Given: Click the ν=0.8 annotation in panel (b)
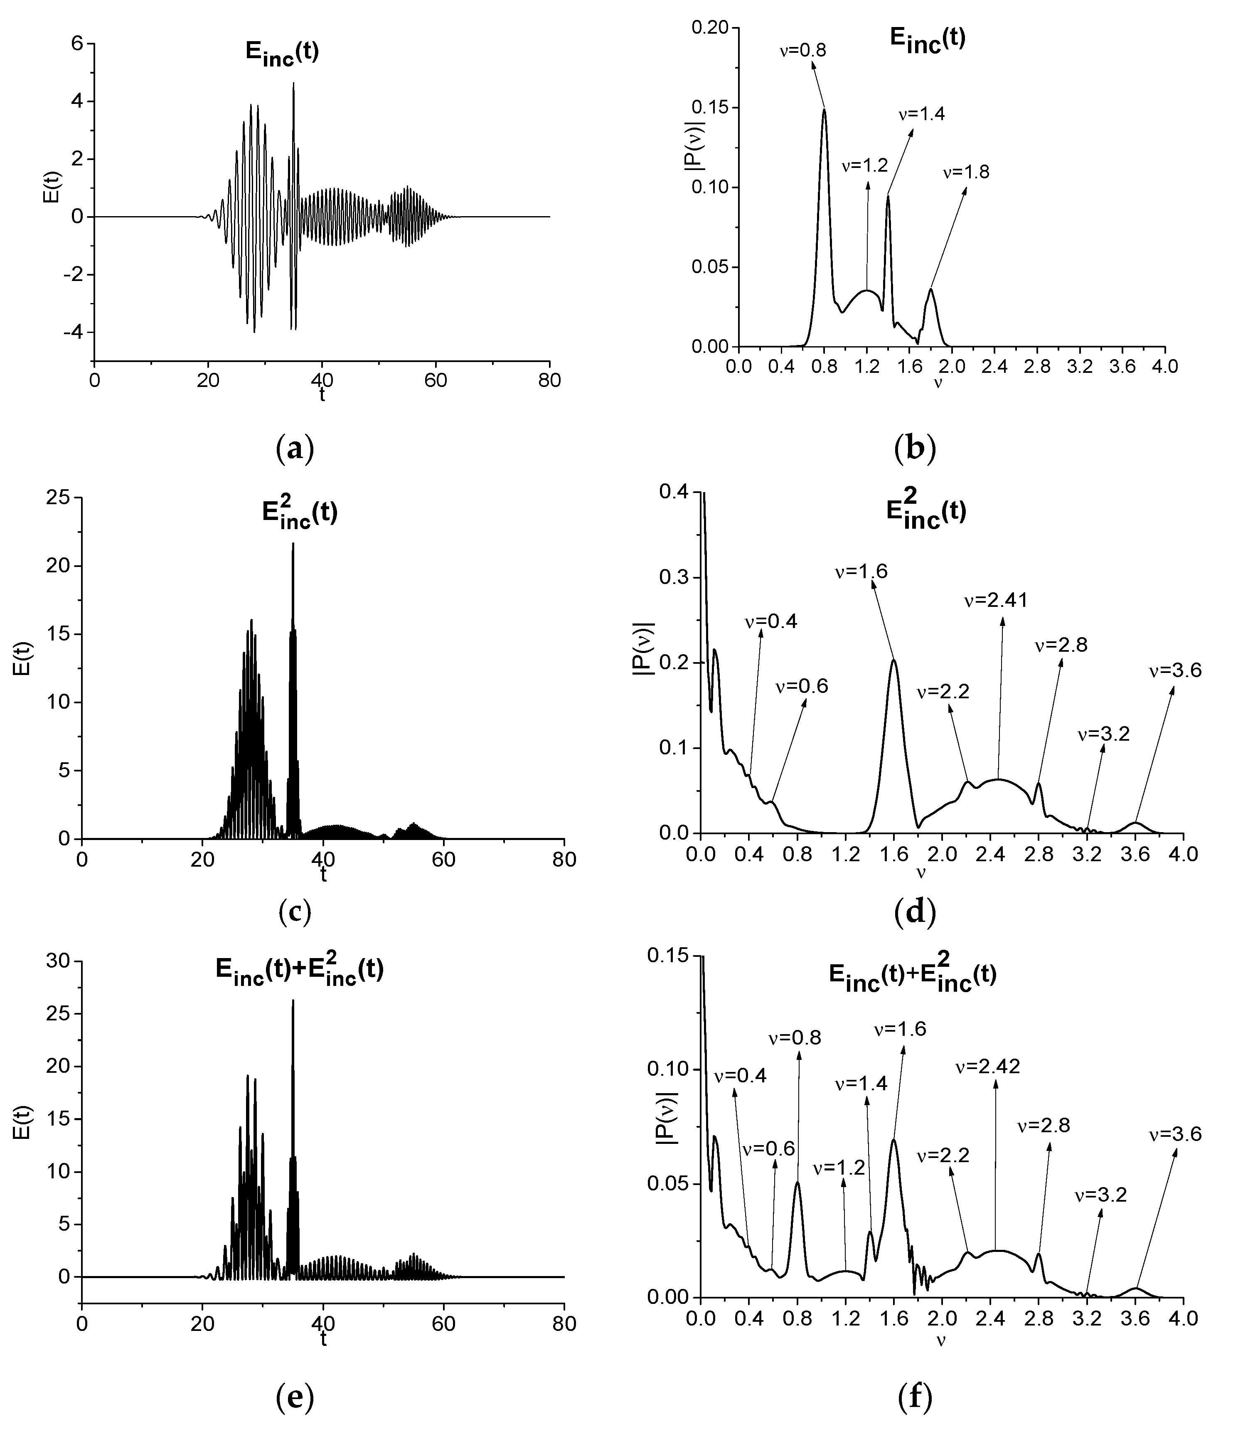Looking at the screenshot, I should click(803, 50).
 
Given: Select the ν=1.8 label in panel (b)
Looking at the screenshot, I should click(966, 172).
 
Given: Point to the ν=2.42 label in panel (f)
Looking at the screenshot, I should click(988, 1067).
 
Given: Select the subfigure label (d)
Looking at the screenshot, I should click(915, 912).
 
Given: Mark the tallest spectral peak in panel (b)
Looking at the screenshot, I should click(824, 109).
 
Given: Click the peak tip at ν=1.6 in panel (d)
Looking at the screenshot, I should click(894, 660).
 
